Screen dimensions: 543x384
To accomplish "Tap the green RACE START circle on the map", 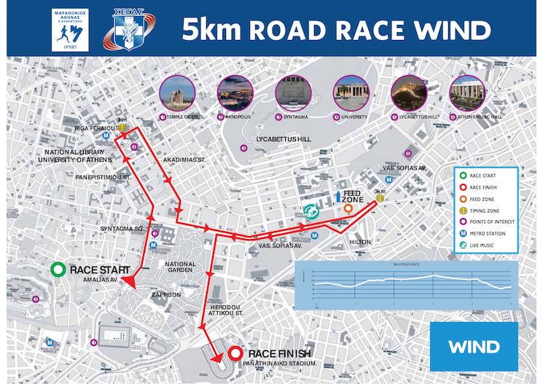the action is click(58, 270).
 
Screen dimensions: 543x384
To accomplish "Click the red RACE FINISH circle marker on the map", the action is click(235, 353).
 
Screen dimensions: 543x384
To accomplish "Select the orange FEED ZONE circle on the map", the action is click(349, 208).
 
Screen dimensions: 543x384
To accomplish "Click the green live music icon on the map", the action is click(313, 211).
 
